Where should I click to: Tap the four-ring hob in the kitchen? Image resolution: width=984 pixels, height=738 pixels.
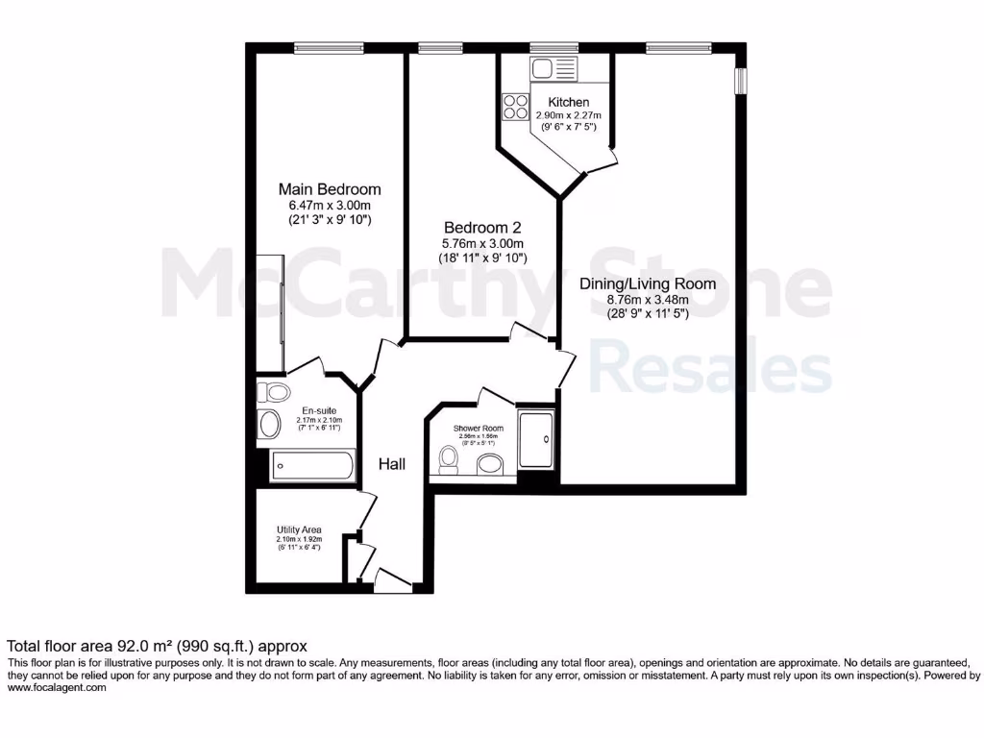point(514,106)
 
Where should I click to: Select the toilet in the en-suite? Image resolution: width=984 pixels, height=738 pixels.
point(276,392)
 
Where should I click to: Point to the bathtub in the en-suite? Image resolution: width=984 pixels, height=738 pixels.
point(312,466)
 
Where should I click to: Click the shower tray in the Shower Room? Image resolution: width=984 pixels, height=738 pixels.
point(536,440)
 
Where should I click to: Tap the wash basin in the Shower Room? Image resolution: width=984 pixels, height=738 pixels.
point(491,465)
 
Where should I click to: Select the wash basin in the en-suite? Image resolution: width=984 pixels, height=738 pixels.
point(269,426)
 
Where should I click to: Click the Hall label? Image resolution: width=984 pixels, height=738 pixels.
point(391,464)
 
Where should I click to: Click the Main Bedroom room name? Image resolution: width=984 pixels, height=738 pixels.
point(330,189)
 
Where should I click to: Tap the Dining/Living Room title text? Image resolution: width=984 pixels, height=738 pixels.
point(648,283)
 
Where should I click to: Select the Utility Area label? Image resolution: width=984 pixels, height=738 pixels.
point(299,529)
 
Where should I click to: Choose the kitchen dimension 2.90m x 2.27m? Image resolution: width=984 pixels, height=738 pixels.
point(568,114)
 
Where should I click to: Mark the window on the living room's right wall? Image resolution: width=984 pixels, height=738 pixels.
point(740,82)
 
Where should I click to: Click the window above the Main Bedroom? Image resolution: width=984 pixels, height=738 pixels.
point(329,47)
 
